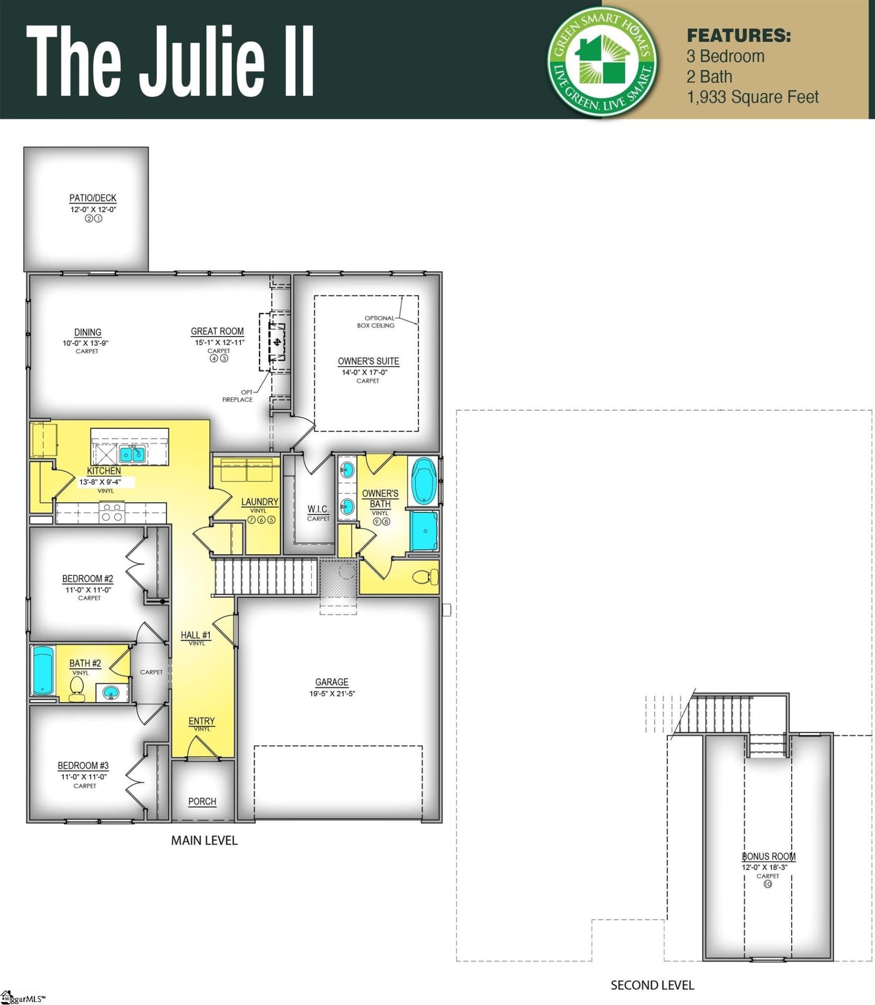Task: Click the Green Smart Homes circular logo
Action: tap(603, 61)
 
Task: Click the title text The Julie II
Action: tap(170, 62)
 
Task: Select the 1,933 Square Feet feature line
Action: tap(752, 97)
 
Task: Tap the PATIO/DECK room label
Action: tap(93, 198)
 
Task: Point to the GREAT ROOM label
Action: tap(217, 331)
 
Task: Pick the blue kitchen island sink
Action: tap(132, 454)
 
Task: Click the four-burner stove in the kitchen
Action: tap(111, 512)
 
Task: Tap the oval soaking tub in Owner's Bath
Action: tap(424, 481)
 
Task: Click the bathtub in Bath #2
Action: tap(43, 671)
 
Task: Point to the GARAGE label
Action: tap(332, 682)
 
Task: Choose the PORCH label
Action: tap(202, 801)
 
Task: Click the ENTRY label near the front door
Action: tap(201, 721)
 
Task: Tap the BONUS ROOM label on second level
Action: tap(768, 856)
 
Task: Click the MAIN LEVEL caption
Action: tap(204, 841)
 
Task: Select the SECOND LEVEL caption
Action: tap(652, 985)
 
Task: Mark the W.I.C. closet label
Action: tap(318, 509)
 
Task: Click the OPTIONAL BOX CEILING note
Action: tap(377, 321)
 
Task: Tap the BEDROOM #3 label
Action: tap(83, 765)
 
